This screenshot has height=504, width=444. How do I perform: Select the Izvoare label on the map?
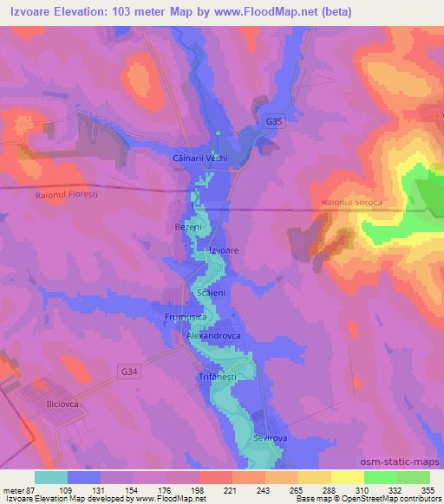(224, 250)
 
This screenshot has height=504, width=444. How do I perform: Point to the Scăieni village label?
(211, 294)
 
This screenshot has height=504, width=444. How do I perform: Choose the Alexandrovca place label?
(219, 333)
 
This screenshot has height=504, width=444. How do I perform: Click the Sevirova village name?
(271, 439)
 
